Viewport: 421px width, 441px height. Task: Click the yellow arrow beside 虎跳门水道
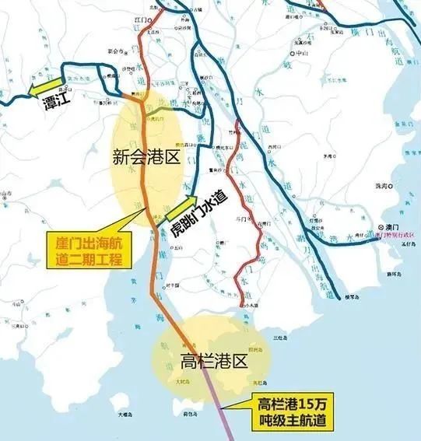click(x=177, y=211)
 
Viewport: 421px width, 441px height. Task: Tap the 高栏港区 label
click(x=212, y=362)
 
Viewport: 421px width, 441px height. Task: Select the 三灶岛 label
click(x=279, y=338)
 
